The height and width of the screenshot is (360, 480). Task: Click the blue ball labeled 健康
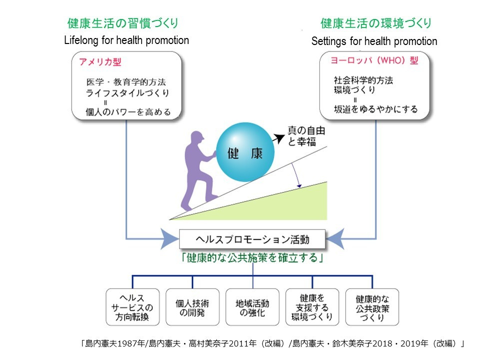coord(245,152)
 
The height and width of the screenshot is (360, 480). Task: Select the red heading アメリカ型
coord(100,62)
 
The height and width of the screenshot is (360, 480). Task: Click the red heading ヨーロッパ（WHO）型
coord(374,60)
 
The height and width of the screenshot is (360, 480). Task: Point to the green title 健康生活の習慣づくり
coord(123,23)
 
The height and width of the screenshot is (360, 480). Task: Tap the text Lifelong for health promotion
coord(127,40)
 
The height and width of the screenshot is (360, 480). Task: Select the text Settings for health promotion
coord(374,41)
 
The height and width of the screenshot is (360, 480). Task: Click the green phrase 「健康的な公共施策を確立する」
coord(252,258)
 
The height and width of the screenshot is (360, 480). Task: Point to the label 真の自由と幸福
coord(306,135)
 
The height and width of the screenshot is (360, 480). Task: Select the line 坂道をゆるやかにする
coord(376,109)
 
